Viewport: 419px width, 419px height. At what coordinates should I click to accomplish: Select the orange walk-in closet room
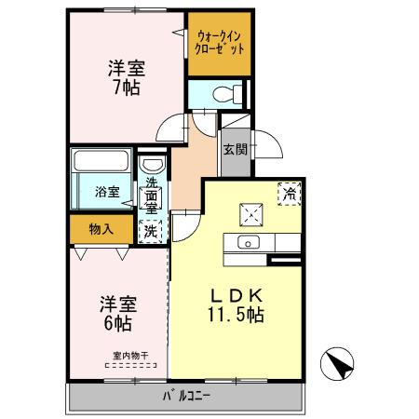[221, 44]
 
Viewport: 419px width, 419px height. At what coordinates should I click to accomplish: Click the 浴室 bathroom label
[107, 193]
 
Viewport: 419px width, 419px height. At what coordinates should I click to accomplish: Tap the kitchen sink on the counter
[249, 243]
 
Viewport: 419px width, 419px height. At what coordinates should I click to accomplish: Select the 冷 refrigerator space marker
[290, 194]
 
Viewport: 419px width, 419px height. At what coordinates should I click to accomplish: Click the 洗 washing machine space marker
[150, 230]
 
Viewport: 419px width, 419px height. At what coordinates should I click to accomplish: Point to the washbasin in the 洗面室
[151, 167]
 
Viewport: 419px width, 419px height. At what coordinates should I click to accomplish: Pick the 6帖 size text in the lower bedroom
[115, 324]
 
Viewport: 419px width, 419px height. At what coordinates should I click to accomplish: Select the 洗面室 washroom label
[150, 196]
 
